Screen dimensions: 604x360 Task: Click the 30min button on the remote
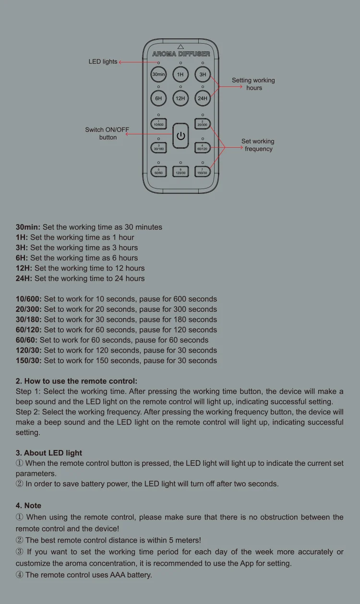tap(158, 75)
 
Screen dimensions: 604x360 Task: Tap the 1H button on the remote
tap(180, 75)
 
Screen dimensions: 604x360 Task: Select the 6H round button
tap(158, 98)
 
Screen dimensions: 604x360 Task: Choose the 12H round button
tap(180, 98)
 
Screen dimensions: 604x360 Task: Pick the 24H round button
tap(203, 98)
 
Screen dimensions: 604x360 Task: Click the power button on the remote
tap(180, 136)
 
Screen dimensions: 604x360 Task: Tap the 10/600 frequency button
tap(158, 123)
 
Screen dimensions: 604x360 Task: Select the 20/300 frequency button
tap(203, 123)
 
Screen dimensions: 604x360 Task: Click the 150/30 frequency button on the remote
tap(203, 171)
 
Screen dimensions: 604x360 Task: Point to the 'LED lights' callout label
tap(103, 62)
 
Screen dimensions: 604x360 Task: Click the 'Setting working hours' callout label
tap(253, 84)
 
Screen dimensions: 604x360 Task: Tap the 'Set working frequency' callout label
tap(258, 145)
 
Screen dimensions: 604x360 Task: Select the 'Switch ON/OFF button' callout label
tap(107, 133)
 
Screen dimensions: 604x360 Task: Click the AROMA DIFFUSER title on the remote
tap(181, 54)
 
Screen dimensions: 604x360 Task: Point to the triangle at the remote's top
tap(180, 47)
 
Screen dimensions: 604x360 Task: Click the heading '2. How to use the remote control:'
tap(76, 381)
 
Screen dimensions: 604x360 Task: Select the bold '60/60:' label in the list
tap(27, 340)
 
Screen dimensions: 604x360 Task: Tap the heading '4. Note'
tap(28, 506)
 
